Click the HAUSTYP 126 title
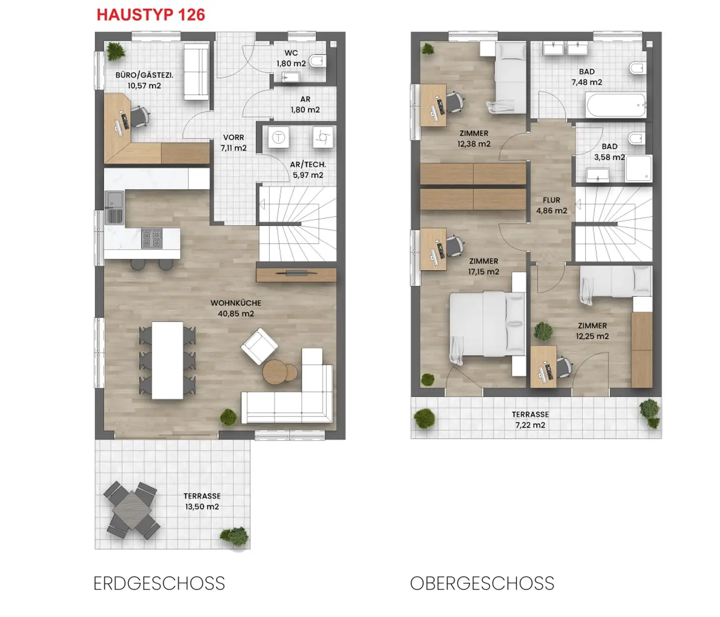click(150, 15)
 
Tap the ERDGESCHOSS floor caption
click(159, 584)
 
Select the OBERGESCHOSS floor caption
click(482, 584)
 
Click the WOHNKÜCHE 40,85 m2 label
click(236, 308)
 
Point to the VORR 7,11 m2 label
click(233, 143)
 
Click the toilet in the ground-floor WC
click(318, 60)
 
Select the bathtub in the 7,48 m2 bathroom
click(616, 105)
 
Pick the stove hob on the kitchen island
click(151, 239)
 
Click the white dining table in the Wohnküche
click(167, 360)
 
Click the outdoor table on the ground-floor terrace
click(132, 510)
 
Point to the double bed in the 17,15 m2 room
click(487, 324)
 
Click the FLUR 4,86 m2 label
click(551, 205)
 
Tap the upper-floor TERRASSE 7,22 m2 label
click(530, 420)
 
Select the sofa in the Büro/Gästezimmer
click(196, 72)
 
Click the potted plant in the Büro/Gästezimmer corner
click(115, 51)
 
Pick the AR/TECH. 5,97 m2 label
click(307, 170)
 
